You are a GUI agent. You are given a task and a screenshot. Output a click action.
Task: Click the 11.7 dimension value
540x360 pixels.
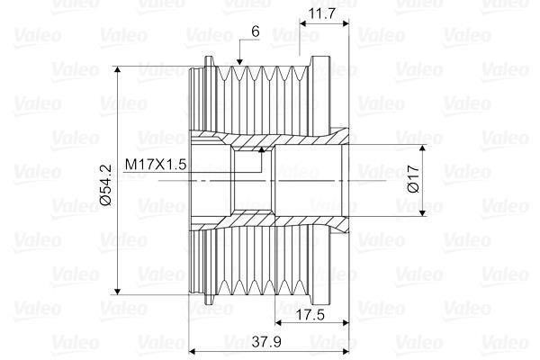pyautogui.click(x=321, y=13)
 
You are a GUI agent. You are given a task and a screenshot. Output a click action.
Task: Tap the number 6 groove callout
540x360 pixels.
pyautogui.click(x=256, y=31)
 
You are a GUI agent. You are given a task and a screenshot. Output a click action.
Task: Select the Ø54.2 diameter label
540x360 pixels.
pyautogui.click(x=105, y=185)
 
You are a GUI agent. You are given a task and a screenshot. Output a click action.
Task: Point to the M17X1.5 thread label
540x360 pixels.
pyautogui.click(x=156, y=165)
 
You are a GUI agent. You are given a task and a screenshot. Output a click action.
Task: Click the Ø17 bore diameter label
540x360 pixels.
pyautogui.click(x=413, y=178)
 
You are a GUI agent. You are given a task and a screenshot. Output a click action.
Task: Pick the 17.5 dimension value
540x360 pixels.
pyautogui.click(x=311, y=314)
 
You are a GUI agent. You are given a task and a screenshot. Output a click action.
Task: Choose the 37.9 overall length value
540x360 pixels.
pyautogui.click(x=266, y=342)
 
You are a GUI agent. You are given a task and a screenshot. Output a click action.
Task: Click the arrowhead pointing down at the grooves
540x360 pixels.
pyautogui.click(x=239, y=62)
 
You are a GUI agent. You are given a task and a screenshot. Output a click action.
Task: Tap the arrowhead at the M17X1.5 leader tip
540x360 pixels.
pyautogui.click(x=262, y=148)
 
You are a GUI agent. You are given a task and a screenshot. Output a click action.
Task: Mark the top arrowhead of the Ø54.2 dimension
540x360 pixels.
pyautogui.click(x=118, y=69)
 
